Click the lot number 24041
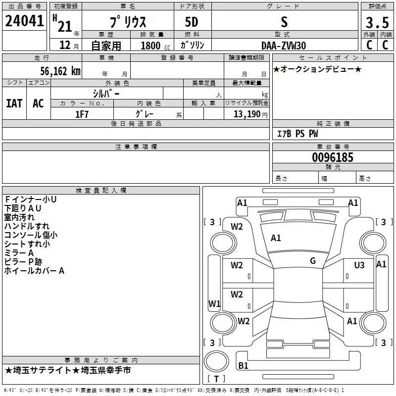point(24,21)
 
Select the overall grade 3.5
point(377,22)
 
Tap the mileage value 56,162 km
point(60,71)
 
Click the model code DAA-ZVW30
point(284,46)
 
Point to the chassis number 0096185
point(333,157)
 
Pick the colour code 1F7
point(82,114)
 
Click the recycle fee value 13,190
point(247,114)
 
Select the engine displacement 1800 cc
point(155,46)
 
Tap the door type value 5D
point(192,22)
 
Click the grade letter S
point(284,22)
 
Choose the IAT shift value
point(14,103)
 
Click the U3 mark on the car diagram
point(359,265)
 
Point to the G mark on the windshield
point(313,260)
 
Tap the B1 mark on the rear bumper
point(243,365)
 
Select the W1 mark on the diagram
point(214,303)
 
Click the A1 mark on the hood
point(276,238)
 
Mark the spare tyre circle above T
point(216,361)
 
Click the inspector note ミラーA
point(19,253)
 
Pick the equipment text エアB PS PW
point(297,134)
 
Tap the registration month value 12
point(65,45)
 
